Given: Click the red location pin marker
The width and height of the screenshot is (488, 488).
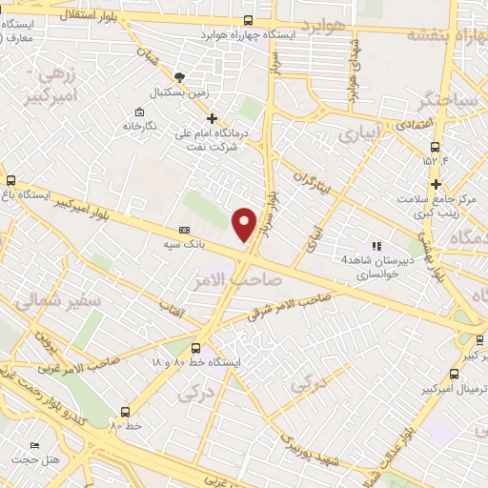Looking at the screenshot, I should click(244, 224).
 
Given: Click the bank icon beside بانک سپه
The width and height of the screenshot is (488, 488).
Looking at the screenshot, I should click(184, 230).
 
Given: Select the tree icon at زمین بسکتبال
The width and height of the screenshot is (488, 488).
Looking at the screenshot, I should click(180, 76).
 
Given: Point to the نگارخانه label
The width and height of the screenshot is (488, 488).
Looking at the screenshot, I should click(140, 125).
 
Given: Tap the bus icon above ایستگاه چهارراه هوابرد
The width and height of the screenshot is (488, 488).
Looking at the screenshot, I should click(248, 20).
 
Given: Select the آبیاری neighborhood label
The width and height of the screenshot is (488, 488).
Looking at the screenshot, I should click(358, 133).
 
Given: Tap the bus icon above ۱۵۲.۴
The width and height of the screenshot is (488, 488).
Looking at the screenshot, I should click(436, 148).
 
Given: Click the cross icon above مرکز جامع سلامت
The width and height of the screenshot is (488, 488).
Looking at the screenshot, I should click(436, 184).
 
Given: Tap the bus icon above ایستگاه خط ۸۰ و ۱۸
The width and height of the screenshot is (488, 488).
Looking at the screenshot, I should click(196, 349).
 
